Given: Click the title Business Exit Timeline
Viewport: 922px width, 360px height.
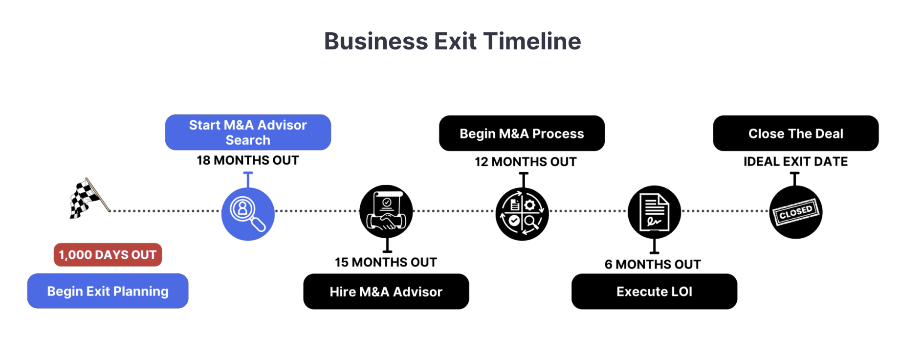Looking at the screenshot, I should click(x=452, y=41).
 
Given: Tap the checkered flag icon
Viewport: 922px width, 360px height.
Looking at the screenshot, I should click(x=87, y=198).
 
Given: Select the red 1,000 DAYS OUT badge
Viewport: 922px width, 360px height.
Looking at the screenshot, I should click(x=108, y=255).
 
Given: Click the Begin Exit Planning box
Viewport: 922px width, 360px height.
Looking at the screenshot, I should click(x=108, y=291).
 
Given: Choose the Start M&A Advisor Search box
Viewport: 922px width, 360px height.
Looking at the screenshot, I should click(x=248, y=133).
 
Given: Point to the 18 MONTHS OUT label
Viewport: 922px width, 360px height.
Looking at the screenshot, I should click(x=248, y=160).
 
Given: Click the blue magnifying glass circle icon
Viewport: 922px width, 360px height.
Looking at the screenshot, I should click(x=248, y=214).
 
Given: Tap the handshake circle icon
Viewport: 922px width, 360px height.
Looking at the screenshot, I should click(x=386, y=212).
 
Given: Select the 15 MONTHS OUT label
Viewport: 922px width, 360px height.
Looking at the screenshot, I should click(x=386, y=263).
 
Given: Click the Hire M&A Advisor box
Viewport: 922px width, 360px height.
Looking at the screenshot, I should click(x=386, y=292).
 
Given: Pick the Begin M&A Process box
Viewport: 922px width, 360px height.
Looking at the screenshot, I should click(x=522, y=134).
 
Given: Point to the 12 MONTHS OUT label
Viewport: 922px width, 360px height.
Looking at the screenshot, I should click(x=526, y=162).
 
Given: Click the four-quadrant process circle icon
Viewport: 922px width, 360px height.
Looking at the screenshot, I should click(x=522, y=214).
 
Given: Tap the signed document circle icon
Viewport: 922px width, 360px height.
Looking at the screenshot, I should click(x=654, y=212).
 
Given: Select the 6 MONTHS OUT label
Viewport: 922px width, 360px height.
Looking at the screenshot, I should click(x=653, y=265).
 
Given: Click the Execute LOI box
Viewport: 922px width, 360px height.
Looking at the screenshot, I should click(x=654, y=292).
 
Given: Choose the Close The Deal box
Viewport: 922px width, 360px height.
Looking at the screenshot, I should click(x=795, y=134).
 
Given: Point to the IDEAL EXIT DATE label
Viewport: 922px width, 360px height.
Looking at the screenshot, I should click(x=795, y=162).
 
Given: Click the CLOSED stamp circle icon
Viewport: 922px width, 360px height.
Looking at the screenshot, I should click(x=795, y=212).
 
